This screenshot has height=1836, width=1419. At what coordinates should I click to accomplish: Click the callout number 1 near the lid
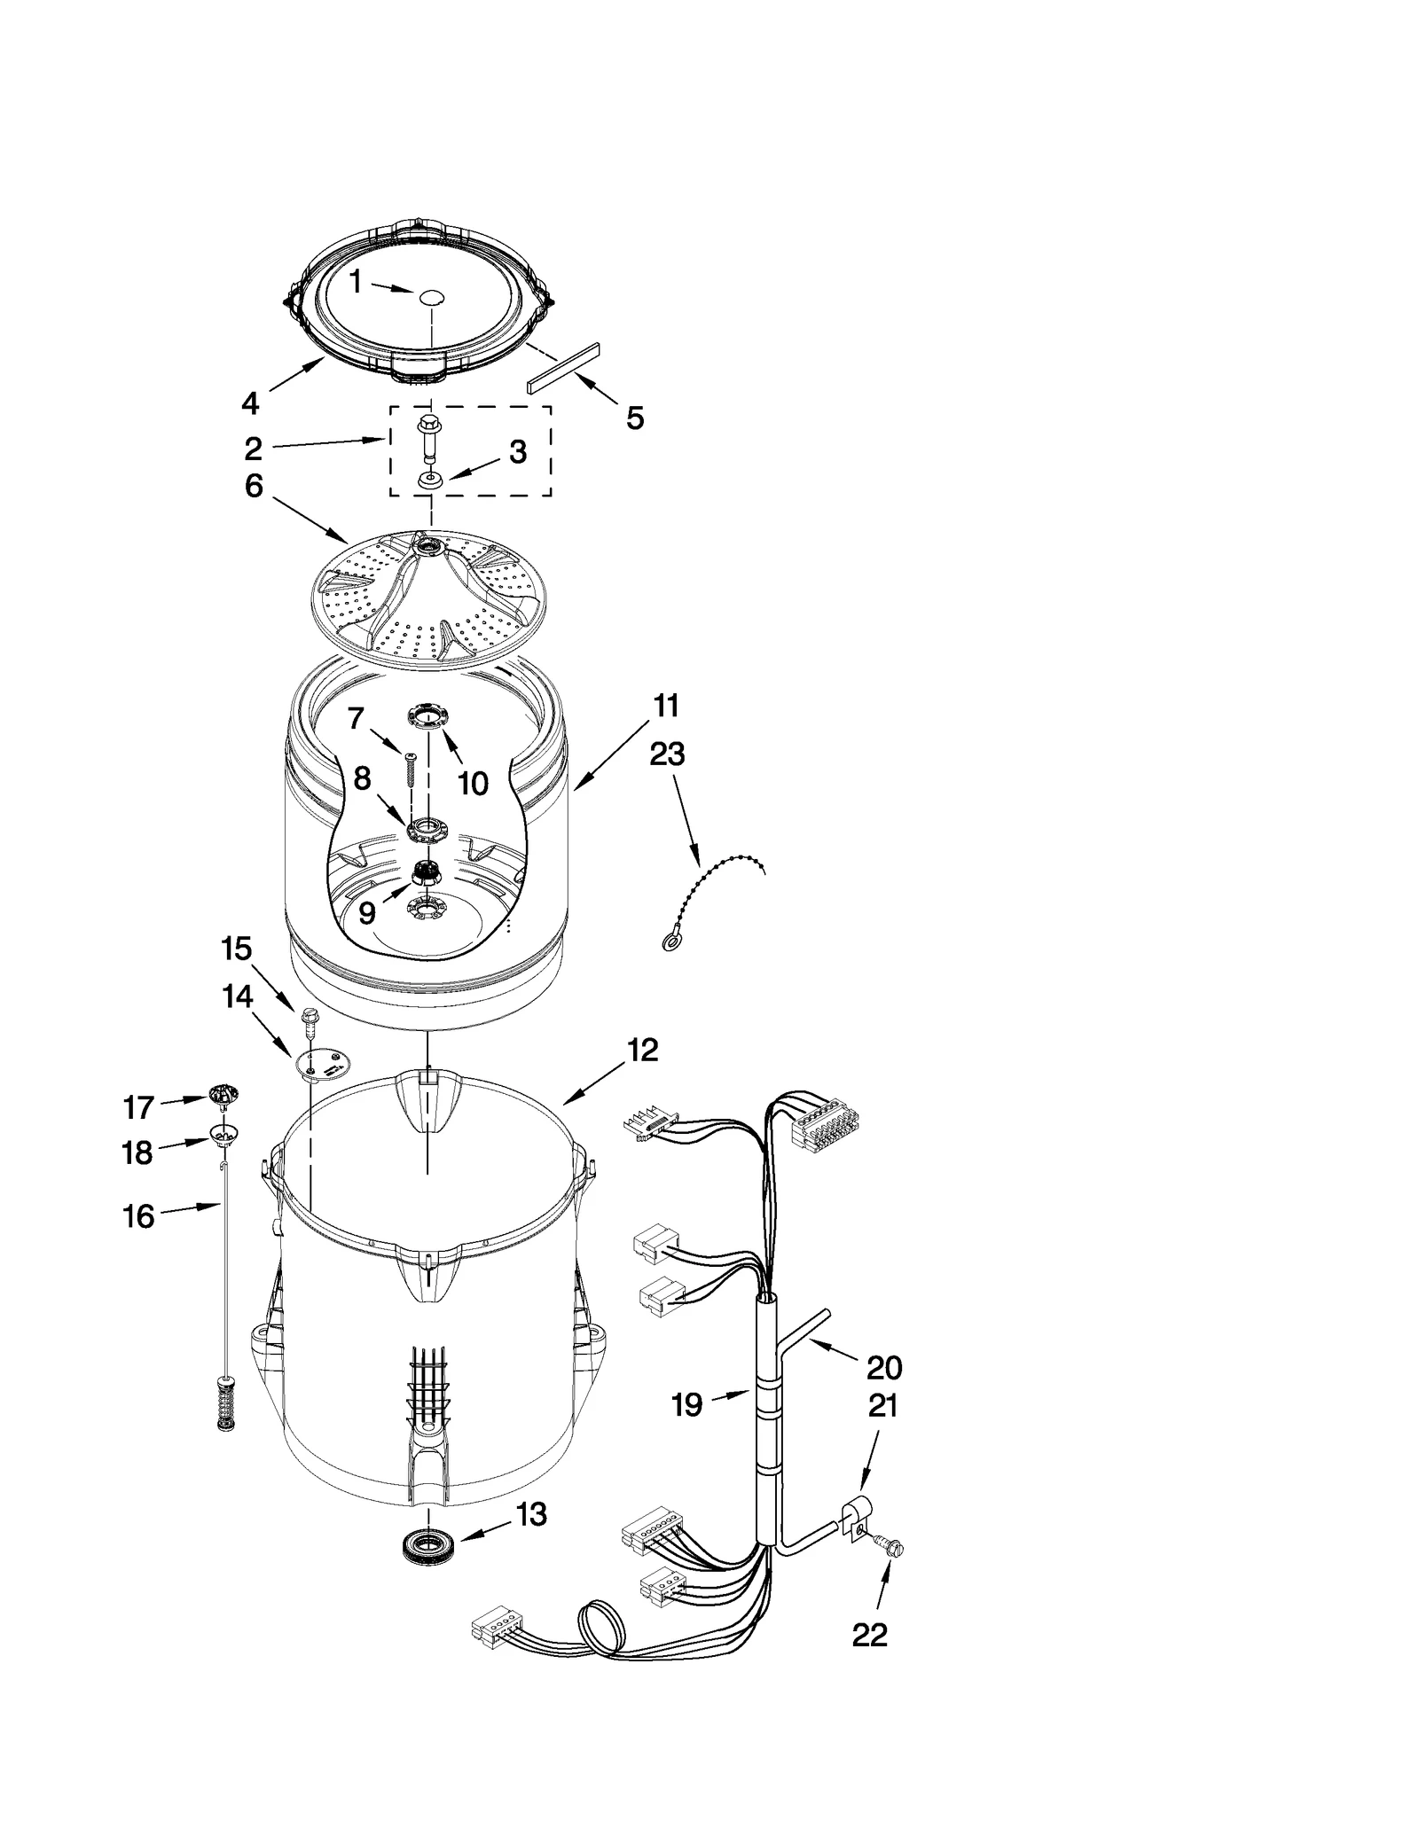tap(356, 282)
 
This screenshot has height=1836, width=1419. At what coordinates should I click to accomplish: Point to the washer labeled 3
tap(430, 480)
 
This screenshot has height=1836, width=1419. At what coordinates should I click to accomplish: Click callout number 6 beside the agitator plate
tap(254, 486)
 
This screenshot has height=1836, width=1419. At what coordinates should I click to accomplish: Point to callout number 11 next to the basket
tap(666, 706)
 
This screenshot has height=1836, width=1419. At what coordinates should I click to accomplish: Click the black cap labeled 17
tap(225, 1096)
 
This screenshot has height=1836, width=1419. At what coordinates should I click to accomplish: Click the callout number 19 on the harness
tap(687, 1404)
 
